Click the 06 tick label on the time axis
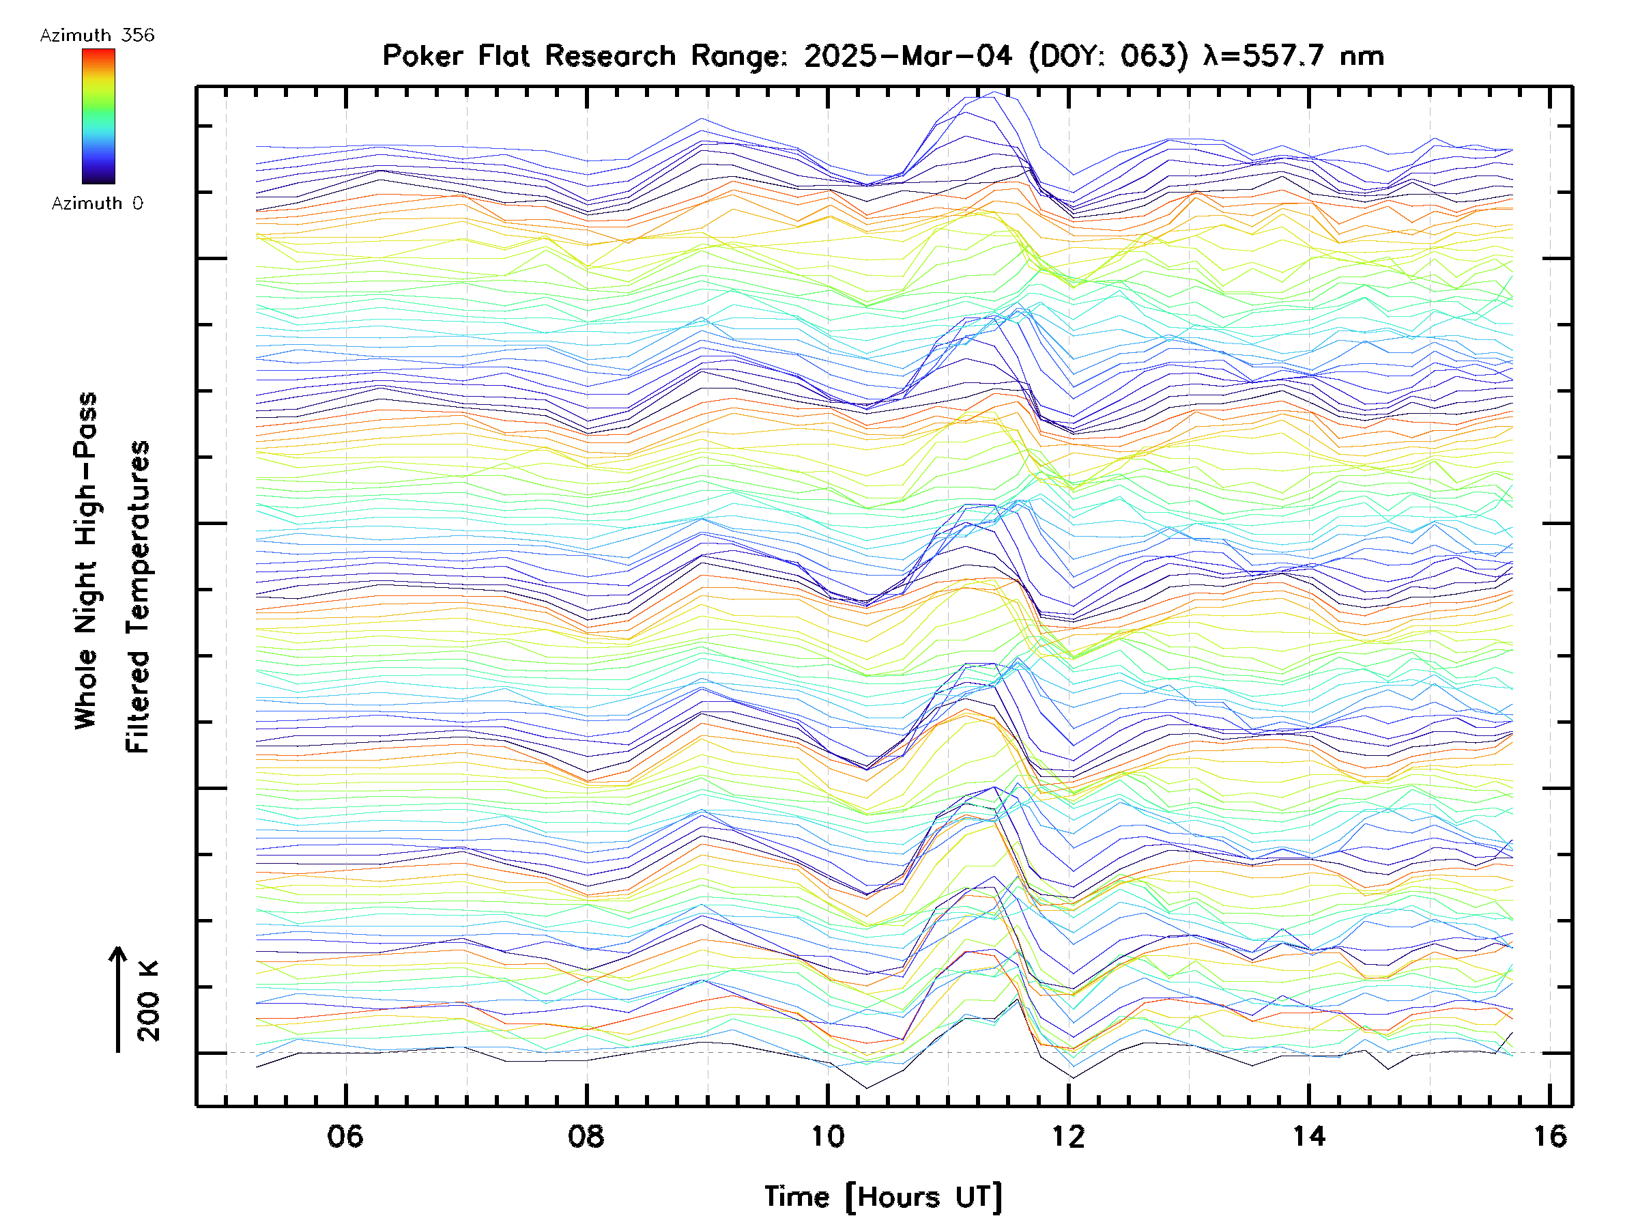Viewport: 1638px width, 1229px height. tap(345, 1135)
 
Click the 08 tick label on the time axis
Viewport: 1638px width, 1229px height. tap(586, 1135)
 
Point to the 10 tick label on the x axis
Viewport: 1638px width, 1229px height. tap(827, 1135)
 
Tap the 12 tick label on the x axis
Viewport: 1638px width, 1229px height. tap(1068, 1135)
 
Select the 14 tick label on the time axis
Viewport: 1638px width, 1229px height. tap(1309, 1135)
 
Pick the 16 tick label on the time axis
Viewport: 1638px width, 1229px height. tap(1550, 1135)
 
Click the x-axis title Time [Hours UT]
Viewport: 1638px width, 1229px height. tap(883, 1197)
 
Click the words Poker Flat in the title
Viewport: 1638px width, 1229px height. tap(455, 55)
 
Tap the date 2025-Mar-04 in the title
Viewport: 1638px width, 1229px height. tap(908, 55)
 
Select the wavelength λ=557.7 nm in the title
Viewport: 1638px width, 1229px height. tap(1293, 55)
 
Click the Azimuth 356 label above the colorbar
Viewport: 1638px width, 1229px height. tap(97, 36)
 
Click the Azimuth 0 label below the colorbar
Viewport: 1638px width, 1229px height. tap(97, 203)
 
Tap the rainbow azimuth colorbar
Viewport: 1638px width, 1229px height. tap(98, 116)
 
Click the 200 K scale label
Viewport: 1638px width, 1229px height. tap(148, 1001)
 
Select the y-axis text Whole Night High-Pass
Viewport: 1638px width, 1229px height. tap(86, 561)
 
